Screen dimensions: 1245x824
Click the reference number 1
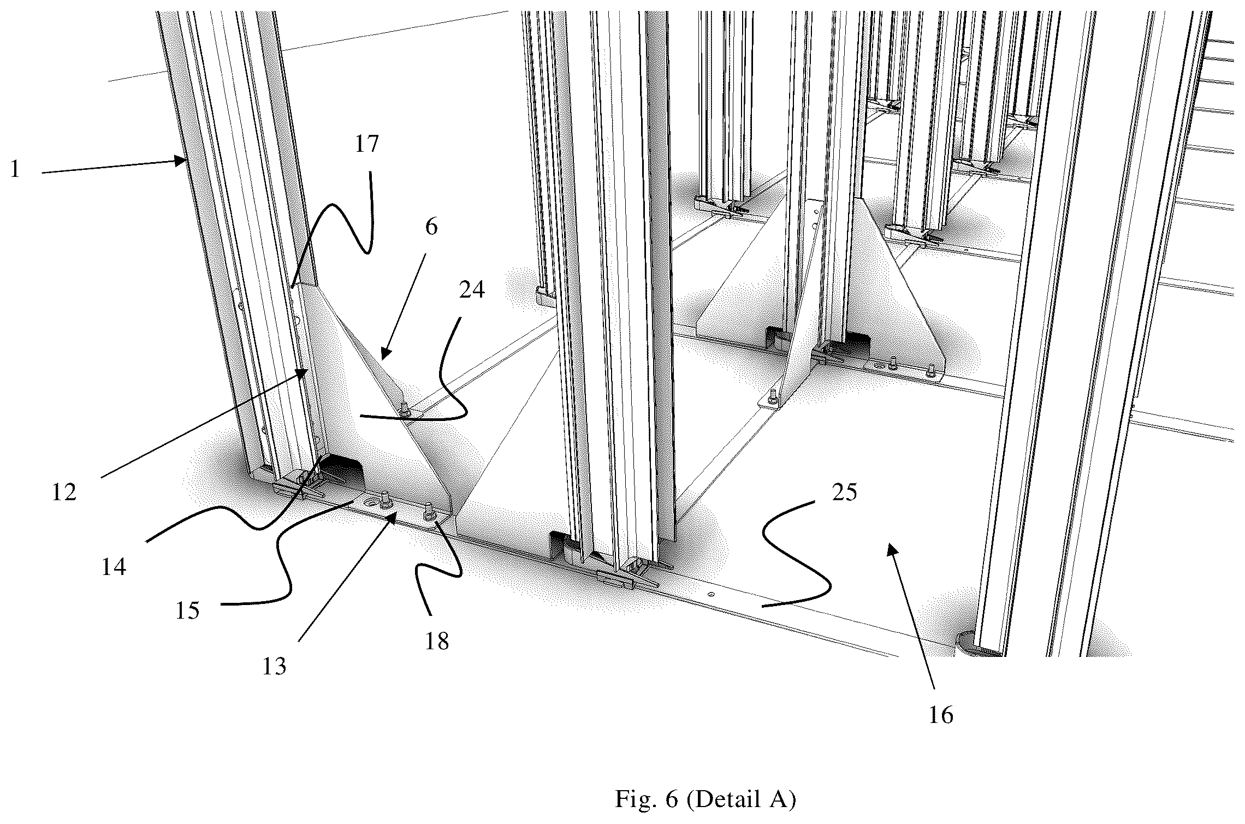[x=15, y=169]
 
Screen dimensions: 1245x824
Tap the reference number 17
[x=366, y=144]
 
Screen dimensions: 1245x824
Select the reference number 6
[x=431, y=227]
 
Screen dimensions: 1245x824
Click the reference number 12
[x=64, y=493]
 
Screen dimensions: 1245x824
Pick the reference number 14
[x=113, y=567]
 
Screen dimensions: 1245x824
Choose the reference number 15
[x=187, y=610]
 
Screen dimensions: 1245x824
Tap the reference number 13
[x=274, y=667]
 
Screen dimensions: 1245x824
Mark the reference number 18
[x=437, y=642]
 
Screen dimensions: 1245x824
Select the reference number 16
[x=941, y=715]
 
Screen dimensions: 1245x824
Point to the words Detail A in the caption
[x=742, y=800]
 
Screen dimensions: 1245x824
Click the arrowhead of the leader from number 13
[x=392, y=517]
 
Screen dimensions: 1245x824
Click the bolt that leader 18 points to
[x=428, y=512]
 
